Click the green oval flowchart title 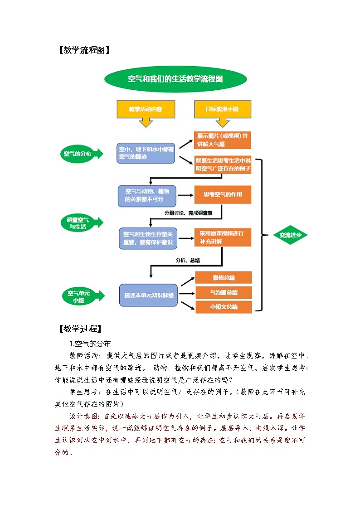(x=175, y=79)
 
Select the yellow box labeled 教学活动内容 (x=146, y=109)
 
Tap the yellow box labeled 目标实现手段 (x=222, y=109)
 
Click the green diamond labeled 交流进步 (x=290, y=235)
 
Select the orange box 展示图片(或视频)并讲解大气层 (x=223, y=140)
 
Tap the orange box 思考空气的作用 (x=223, y=195)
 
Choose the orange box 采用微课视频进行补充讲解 (x=223, y=238)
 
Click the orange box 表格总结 (x=224, y=277)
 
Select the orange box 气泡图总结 (x=224, y=292)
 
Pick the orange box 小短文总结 (x=224, y=307)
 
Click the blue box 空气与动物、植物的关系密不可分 (x=147, y=195)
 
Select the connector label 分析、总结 (x=188, y=261)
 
